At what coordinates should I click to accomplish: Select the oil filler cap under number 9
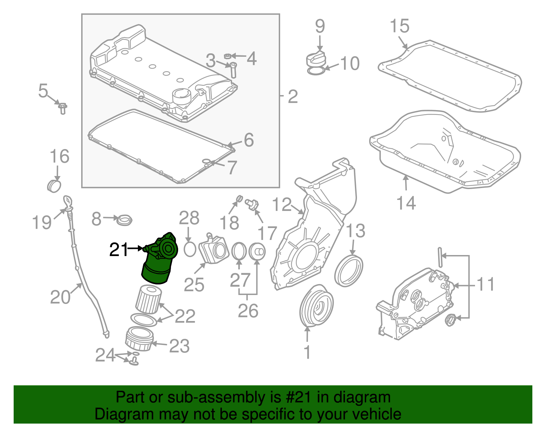pos(316,60)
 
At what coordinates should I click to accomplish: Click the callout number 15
pos(399,26)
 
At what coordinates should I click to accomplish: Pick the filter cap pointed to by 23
pos(139,339)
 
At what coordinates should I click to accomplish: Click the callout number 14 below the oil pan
pos(406,203)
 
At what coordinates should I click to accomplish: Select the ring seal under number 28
pos(190,249)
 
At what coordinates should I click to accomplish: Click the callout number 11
pos(485,284)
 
